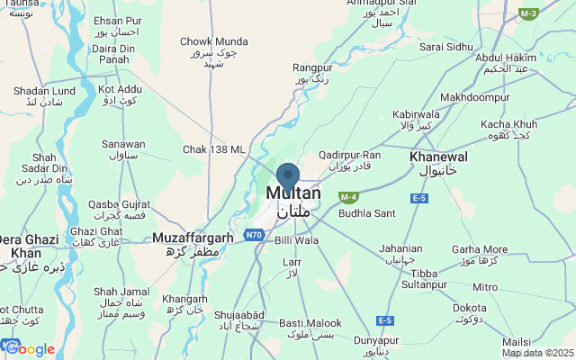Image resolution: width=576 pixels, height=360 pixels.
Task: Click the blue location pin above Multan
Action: pyautogui.click(x=287, y=176)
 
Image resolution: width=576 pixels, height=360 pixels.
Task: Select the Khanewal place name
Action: pyautogui.click(x=433, y=157)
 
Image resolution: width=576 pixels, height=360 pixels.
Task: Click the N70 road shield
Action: pyautogui.click(x=254, y=235)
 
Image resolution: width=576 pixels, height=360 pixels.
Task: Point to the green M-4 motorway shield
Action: pyautogui.click(x=348, y=196)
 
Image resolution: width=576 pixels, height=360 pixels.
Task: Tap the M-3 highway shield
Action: pyautogui.click(x=528, y=13)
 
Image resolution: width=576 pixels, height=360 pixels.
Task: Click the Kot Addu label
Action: pyautogui.click(x=119, y=90)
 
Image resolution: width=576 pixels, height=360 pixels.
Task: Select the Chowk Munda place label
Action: pyautogui.click(x=213, y=41)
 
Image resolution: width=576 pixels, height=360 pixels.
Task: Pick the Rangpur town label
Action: pyautogui.click(x=313, y=67)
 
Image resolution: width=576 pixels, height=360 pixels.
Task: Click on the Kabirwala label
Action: pyautogui.click(x=416, y=115)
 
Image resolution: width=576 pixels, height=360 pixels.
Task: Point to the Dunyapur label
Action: pyautogui.click(x=375, y=341)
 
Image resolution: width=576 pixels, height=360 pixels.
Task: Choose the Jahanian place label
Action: pyautogui.click(x=400, y=248)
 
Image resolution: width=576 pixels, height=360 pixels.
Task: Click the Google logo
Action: pyautogui.click(x=29, y=349)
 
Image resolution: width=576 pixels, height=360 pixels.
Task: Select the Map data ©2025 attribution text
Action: pyautogui.click(x=537, y=353)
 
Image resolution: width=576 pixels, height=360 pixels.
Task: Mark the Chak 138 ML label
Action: pyautogui.click(x=213, y=149)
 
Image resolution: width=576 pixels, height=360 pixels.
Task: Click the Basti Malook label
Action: pyautogui.click(x=310, y=323)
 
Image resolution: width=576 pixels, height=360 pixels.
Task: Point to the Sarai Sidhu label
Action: pyautogui.click(x=445, y=46)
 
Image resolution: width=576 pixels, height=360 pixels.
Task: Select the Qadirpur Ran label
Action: pyautogui.click(x=349, y=155)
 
